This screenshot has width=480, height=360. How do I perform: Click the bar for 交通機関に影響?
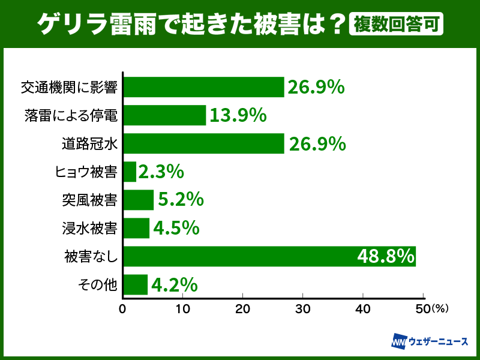[x=203, y=87]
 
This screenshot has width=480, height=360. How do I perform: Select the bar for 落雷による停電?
[x=164, y=115]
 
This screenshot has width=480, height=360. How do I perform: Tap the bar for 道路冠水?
[x=203, y=143]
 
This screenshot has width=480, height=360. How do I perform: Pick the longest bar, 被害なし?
[x=269, y=256]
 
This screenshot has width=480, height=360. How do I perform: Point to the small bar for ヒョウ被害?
[x=130, y=172]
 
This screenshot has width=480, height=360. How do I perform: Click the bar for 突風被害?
[x=139, y=200]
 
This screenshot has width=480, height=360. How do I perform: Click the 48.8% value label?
[x=386, y=256]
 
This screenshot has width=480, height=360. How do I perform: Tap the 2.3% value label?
[x=160, y=172]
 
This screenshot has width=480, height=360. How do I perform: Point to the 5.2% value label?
[x=181, y=200]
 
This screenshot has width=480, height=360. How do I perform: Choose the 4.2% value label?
[x=174, y=284]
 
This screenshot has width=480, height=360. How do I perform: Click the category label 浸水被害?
[x=89, y=228]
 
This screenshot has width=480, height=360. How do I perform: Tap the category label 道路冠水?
[x=89, y=143]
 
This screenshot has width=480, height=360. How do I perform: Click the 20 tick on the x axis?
[x=242, y=309]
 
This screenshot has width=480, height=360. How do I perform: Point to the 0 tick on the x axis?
[x=123, y=309]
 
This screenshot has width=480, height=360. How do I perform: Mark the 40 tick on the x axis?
[x=362, y=309]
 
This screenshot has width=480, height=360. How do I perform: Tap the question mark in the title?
[x=337, y=24]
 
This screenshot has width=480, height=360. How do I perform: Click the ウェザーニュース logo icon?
[x=399, y=341]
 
